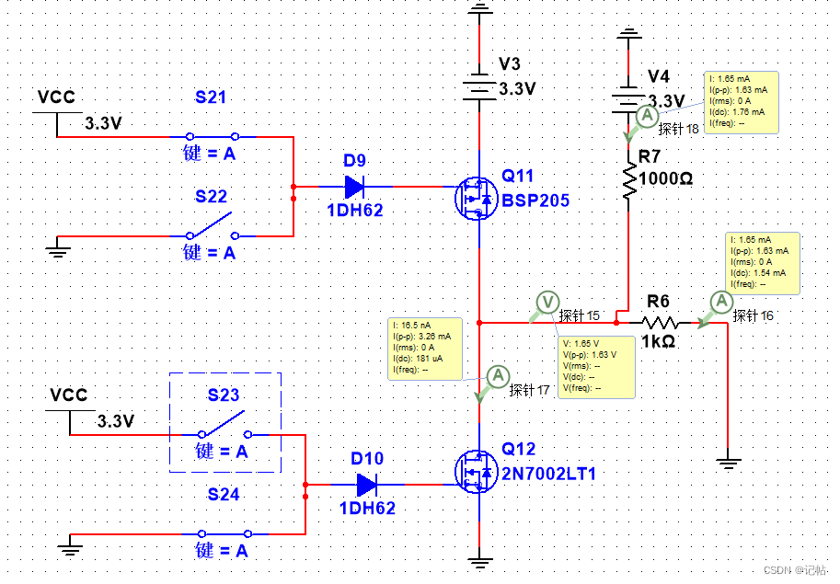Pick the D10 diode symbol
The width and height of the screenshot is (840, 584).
pyautogui.click(x=366, y=485)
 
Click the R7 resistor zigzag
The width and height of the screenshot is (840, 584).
pyautogui.click(x=628, y=180)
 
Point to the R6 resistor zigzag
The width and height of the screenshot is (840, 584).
pyautogui.click(x=661, y=323)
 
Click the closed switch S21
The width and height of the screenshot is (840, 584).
pyautogui.click(x=213, y=137)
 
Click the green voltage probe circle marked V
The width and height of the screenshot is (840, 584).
pyautogui.click(x=547, y=302)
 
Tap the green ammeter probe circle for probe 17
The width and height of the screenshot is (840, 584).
pyautogui.click(x=498, y=375)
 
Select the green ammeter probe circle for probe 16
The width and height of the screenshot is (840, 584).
pyautogui.click(x=722, y=302)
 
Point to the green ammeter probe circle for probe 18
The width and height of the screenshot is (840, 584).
pyautogui.click(x=647, y=116)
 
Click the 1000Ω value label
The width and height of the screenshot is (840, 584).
pyautogui.click(x=665, y=179)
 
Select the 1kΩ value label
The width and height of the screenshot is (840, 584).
pyautogui.click(x=658, y=341)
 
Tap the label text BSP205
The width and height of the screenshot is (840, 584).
pyautogui.click(x=535, y=200)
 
